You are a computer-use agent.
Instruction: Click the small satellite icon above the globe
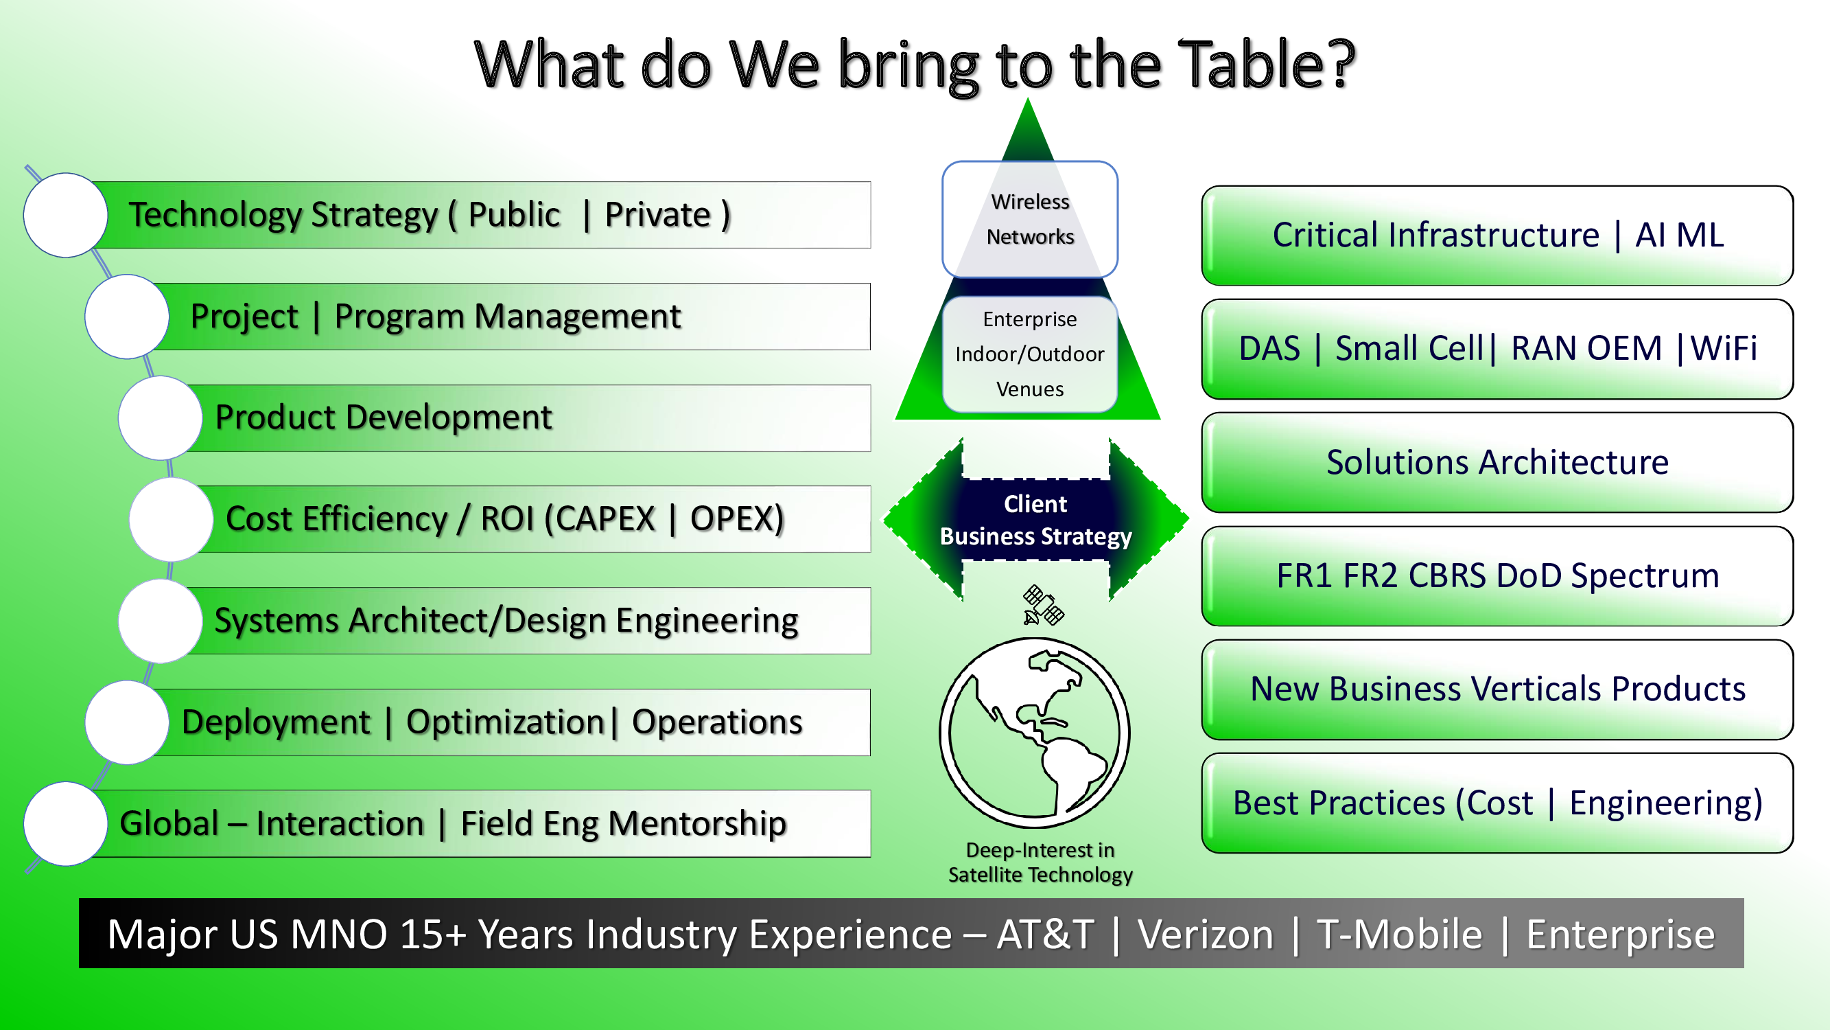click(1042, 605)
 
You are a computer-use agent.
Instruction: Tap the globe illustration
click(1034, 732)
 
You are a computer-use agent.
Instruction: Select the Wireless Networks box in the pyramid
click(1029, 219)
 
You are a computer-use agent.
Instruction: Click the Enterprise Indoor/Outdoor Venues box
click(1029, 354)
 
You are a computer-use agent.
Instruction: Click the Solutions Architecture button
click(1497, 462)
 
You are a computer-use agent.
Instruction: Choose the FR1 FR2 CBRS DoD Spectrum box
click(1497, 576)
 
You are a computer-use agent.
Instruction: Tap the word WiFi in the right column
click(1723, 348)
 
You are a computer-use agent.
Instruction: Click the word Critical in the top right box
click(1326, 235)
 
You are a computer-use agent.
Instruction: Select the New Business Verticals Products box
click(1497, 689)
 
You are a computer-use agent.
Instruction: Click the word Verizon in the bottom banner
click(1206, 934)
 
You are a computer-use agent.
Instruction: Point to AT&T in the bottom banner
click(1045, 934)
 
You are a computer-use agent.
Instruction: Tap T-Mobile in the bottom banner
click(1400, 934)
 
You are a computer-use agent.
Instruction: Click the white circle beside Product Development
click(161, 418)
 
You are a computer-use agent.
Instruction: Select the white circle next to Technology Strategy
click(65, 215)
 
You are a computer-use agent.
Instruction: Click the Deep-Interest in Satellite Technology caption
click(1040, 862)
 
